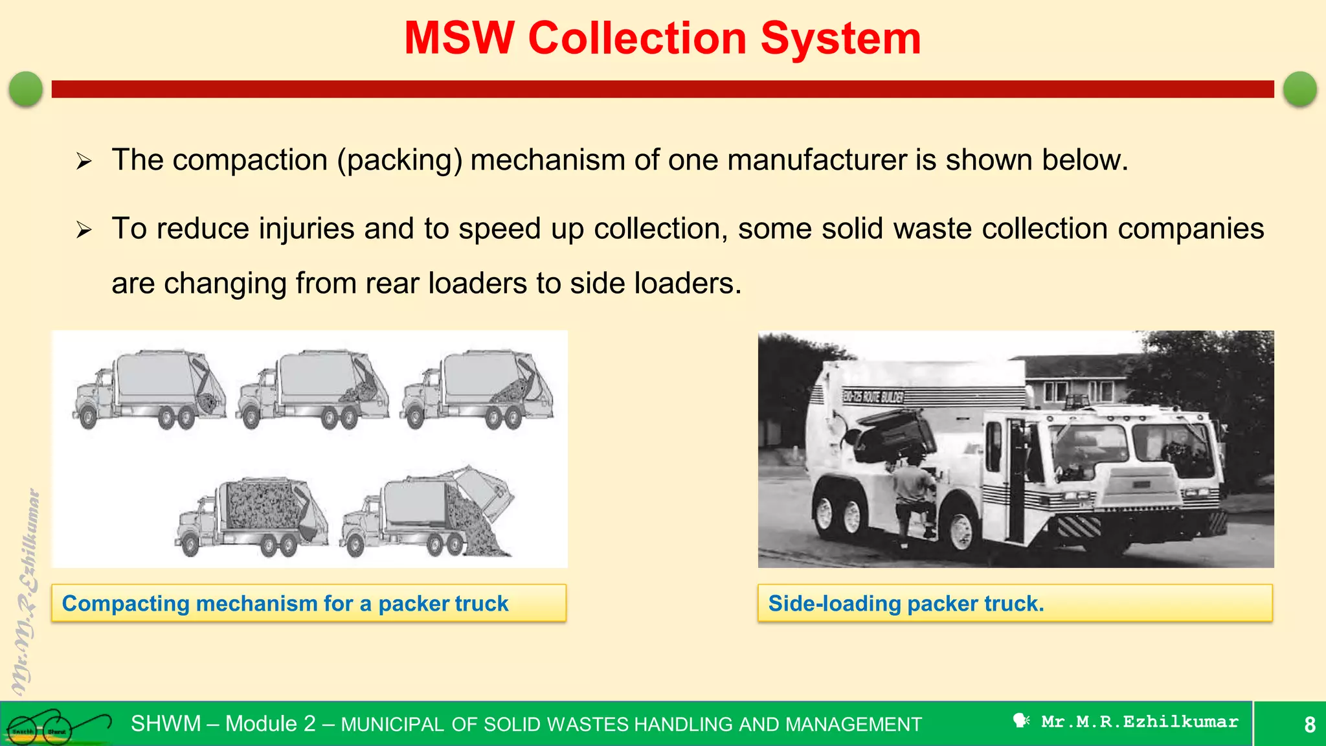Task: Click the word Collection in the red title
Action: pos(637,38)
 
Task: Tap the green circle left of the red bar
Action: pos(26,89)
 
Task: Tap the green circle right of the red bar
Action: pos(1299,89)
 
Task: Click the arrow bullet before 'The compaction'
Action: pos(84,161)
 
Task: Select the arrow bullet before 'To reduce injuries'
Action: pos(84,229)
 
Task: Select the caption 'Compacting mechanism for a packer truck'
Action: pos(285,604)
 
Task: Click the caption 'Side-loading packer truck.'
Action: pos(906,604)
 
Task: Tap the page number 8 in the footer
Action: pos(1309,724)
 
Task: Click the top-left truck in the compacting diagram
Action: pos(150,390)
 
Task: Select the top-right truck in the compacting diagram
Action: pos(478,390)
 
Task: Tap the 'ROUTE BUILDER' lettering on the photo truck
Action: pos(873,396)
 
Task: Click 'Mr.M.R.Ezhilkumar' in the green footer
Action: pos(1139,721)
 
